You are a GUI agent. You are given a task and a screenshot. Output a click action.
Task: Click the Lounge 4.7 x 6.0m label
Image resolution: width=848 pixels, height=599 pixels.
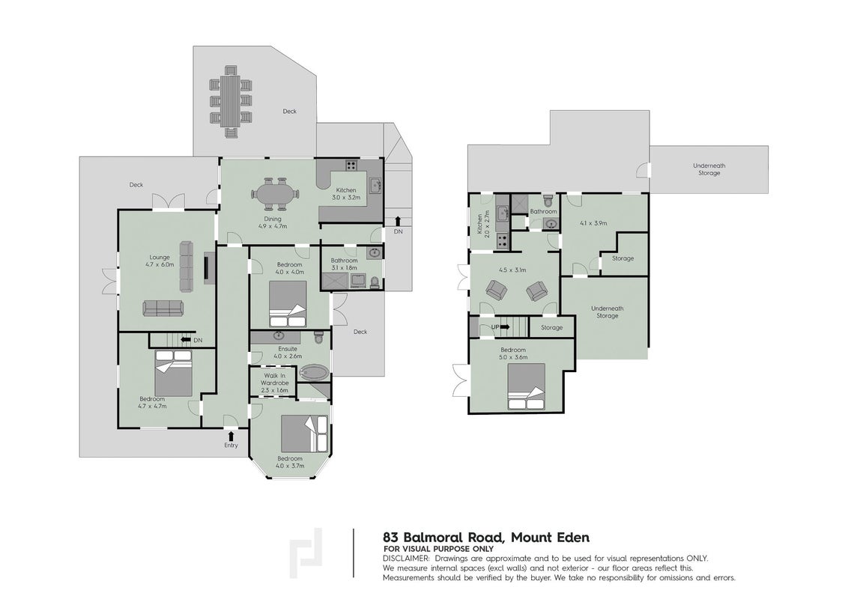point(160,261)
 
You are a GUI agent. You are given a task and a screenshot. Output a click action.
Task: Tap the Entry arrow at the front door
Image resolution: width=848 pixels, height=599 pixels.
point(231,436)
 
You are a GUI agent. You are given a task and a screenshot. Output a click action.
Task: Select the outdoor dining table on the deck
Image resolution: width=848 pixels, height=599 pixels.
point(231,101)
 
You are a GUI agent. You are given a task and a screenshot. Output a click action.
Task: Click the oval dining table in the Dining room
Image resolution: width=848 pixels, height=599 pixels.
point(275,193)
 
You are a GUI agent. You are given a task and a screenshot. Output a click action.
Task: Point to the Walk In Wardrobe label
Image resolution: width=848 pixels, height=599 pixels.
point(275,383)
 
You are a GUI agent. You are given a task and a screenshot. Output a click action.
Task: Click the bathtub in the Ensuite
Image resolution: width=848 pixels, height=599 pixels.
point(314,372)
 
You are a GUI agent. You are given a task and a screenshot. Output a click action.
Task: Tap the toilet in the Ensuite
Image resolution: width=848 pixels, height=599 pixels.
point(318,338)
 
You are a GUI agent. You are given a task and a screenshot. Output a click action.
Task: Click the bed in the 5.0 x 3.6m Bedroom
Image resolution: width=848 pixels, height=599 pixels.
point(526,386)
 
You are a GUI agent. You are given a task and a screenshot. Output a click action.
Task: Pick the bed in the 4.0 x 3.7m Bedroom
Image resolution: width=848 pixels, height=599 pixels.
point(304,434)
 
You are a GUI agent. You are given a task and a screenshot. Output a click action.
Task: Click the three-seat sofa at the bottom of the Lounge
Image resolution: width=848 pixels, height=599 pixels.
point(163,308)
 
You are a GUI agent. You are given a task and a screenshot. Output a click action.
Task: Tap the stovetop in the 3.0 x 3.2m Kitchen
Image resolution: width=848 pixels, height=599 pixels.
point(352,165)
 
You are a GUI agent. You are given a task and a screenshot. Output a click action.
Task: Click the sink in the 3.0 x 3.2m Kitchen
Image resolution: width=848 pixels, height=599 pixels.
point(375,186)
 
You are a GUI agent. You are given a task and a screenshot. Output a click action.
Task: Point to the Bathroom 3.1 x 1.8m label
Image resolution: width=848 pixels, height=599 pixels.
point(344,264)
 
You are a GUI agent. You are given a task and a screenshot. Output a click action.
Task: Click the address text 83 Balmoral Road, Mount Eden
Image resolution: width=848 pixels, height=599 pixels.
point(486,538)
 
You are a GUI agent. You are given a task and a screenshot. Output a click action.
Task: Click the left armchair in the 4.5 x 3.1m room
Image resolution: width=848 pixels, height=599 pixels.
point(497,290)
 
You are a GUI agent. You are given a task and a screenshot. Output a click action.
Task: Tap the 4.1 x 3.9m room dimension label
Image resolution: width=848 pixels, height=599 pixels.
point(593,222)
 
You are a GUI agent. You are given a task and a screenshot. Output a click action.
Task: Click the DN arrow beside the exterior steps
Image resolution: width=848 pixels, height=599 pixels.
point(398,221)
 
